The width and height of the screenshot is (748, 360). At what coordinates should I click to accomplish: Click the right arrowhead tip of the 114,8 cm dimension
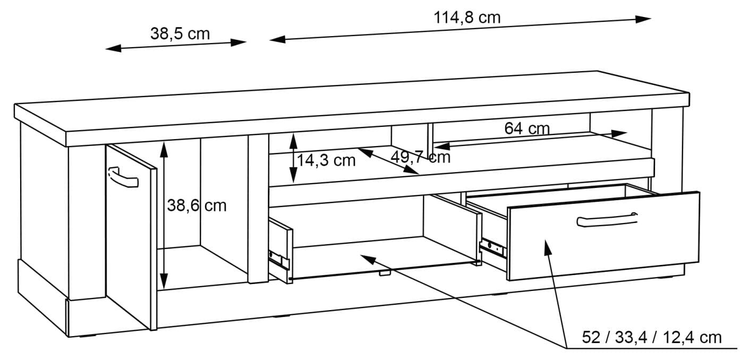[x=651, y=19]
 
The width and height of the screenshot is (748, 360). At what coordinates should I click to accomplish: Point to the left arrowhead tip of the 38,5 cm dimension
[x=106, y=49]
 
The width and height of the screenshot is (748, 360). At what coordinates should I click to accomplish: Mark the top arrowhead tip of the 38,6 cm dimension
[x=164, y=141]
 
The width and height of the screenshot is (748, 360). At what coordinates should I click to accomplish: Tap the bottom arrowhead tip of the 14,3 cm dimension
[x=293, y=183]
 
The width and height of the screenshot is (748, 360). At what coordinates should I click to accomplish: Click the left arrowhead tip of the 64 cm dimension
[x=435, y=146]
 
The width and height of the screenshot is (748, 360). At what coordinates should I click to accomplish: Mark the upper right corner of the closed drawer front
[x=699, y=192]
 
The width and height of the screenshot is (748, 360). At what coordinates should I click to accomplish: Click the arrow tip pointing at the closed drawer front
[x=545, y=240]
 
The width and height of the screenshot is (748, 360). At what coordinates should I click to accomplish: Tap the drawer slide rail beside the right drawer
[x=492, y=248]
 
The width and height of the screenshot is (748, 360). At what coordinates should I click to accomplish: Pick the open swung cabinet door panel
[x=131, y=237]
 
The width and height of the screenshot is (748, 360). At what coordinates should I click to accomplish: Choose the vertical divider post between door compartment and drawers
[x=258, y=209]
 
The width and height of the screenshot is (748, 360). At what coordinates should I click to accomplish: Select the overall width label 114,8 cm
[x=467, y=18]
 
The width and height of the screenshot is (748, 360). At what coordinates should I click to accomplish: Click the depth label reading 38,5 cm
[x=180, y=33]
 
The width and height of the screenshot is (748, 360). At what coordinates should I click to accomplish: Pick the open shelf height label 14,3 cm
[x=326, y=160]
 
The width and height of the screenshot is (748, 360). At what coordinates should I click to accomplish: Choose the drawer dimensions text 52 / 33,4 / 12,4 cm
[x=651, y=337]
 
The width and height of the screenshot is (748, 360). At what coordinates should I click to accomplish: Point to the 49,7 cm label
[x=420, y=157]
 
